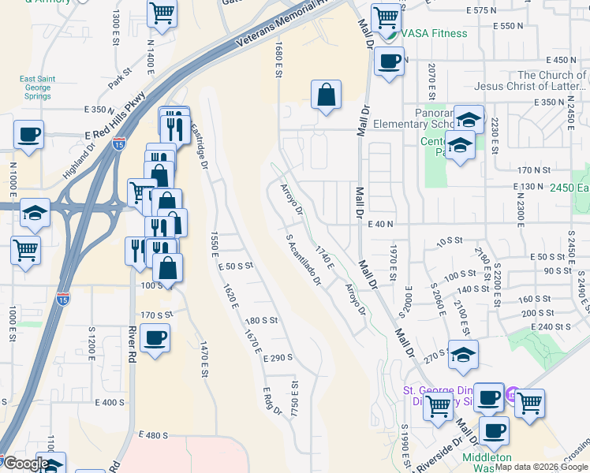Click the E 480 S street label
[154, 435]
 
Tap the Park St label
[119, 80]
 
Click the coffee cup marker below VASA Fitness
[389, 61]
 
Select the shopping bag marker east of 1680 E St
[326, 95]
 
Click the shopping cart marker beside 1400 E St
[162, 13]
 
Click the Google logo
[25, 464]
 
